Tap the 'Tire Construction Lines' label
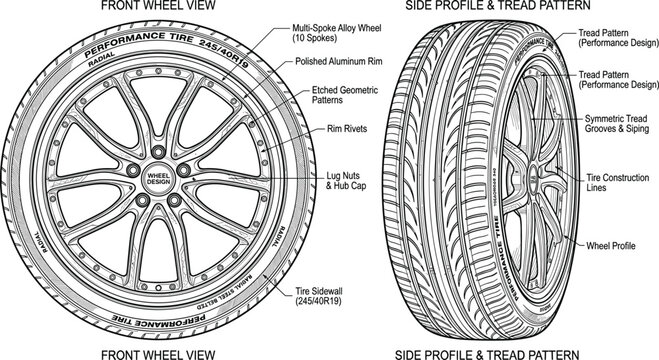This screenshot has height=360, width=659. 613,182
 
